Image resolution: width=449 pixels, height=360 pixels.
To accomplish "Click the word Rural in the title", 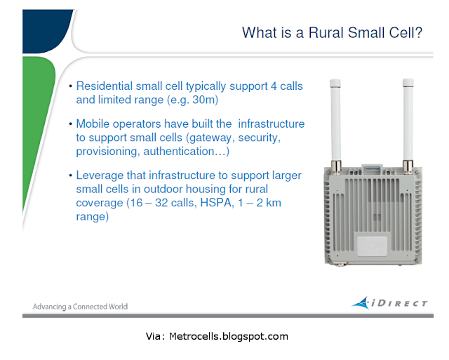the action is [x=326, y=33].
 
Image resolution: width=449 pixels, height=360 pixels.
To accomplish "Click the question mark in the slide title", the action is [x=418, y=33].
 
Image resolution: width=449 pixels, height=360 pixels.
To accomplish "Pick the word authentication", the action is [x=179, y=151].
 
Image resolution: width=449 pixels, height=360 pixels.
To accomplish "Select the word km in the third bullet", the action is [x=274, y=203].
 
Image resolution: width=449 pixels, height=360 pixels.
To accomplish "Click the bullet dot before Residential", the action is [x=70, y=86].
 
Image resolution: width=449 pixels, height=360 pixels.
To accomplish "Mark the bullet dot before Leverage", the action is [x=70, y=175].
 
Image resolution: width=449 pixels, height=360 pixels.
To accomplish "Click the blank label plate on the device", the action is [x=373, y=246].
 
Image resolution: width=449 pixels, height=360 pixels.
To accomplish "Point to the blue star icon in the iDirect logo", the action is [x=361, y=303].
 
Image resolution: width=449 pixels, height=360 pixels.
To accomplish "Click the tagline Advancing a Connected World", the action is [x=80, y=307].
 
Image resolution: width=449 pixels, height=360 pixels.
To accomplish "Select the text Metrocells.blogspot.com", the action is [x=229, y=336].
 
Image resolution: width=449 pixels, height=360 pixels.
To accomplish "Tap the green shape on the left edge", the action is [x=37, y=120].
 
